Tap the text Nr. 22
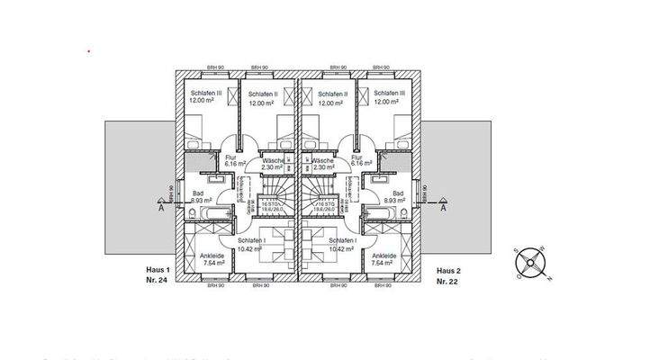[x=447, y=282]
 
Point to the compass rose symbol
[x=529, y=265]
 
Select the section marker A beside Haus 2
[x=444, y=207]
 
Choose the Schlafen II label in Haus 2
[x=333, y=97]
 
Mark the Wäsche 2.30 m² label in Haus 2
[x=321, y=163]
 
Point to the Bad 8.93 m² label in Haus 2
[x=396, y=197]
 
